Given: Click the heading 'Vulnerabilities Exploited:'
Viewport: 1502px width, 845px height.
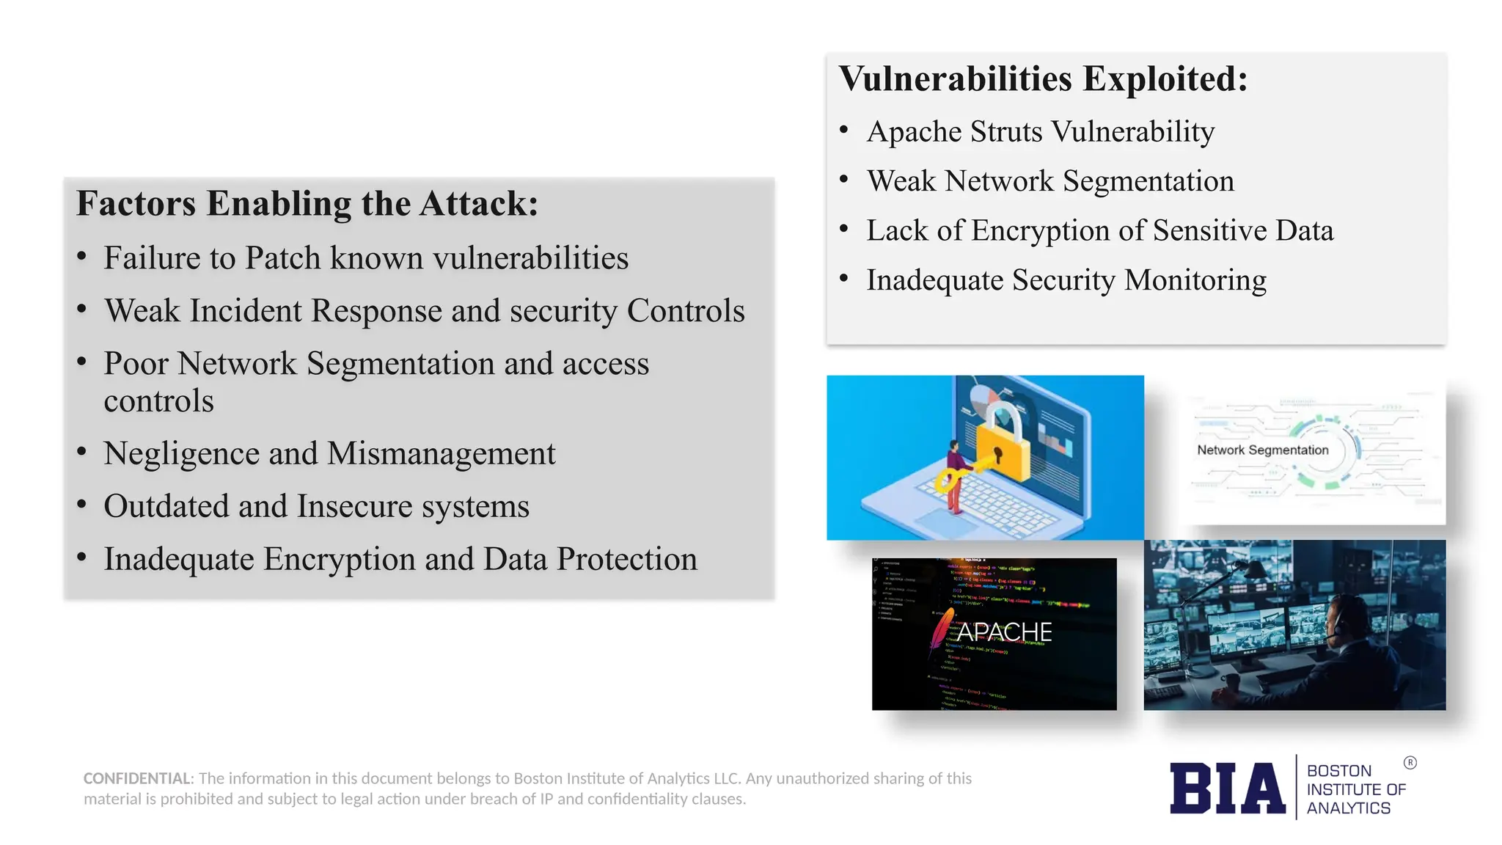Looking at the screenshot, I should [1042, 79].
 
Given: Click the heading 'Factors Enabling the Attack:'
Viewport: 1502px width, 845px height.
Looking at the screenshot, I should [307, 204].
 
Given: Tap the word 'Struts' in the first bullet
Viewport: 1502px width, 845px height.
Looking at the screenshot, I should [1005, 132].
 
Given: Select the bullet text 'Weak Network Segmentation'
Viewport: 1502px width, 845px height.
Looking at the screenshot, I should [1049, 181].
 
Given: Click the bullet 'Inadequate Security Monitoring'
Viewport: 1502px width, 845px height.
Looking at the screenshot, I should [1066, 280].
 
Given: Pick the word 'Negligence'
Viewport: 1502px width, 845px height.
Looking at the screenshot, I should [181, 453].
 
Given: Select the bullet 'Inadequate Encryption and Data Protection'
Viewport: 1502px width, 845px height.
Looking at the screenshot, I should [400, 559].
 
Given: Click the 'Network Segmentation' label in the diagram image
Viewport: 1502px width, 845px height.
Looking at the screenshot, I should [1262, 450].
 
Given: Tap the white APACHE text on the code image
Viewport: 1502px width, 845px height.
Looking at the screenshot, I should [1004, 632].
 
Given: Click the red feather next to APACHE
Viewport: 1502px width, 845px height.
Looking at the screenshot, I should [940, 631].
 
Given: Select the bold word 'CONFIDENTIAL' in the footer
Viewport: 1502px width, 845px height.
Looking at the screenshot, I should [138, 778].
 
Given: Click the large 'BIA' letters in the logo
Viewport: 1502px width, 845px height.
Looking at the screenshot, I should [1227, 789].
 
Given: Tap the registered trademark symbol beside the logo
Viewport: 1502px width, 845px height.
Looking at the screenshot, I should [1410, 763].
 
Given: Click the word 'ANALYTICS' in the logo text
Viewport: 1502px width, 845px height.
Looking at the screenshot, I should [1348, 808].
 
